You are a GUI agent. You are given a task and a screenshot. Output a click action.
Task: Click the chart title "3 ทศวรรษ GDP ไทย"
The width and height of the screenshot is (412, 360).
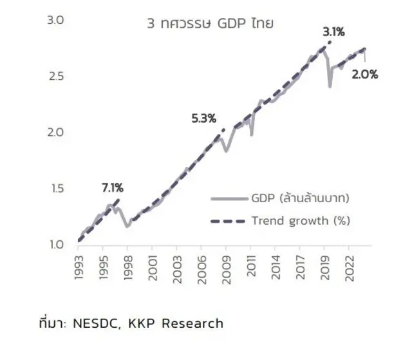tap(210, 24)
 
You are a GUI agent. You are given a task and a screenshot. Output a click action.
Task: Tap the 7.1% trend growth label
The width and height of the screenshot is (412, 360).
tap(112, 188)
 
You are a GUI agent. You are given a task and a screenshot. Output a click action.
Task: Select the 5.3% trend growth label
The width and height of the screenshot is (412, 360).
tap(203, 118)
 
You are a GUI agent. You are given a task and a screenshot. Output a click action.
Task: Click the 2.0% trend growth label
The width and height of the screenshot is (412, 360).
tap(365, 74)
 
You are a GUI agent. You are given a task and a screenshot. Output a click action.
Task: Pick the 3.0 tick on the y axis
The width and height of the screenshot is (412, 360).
tap(56, 21)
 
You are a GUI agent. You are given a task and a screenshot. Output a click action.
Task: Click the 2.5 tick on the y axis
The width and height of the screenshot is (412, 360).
tap(56, 77)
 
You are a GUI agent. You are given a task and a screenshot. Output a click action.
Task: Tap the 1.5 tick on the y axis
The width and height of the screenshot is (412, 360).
tap(56, 189)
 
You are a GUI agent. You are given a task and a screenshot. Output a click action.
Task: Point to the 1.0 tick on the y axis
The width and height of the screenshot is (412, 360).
tap(56, 245)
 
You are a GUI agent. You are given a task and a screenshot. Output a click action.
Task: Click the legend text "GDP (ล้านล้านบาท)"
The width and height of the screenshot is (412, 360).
tap(301, 198)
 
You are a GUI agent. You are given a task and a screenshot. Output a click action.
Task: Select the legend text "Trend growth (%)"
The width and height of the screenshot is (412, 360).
tap(301, 221)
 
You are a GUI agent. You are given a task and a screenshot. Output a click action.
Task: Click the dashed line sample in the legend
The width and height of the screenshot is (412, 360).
tap(229, 221)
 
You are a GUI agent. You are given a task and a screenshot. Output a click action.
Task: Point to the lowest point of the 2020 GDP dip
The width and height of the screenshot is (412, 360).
tap(330, 86)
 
